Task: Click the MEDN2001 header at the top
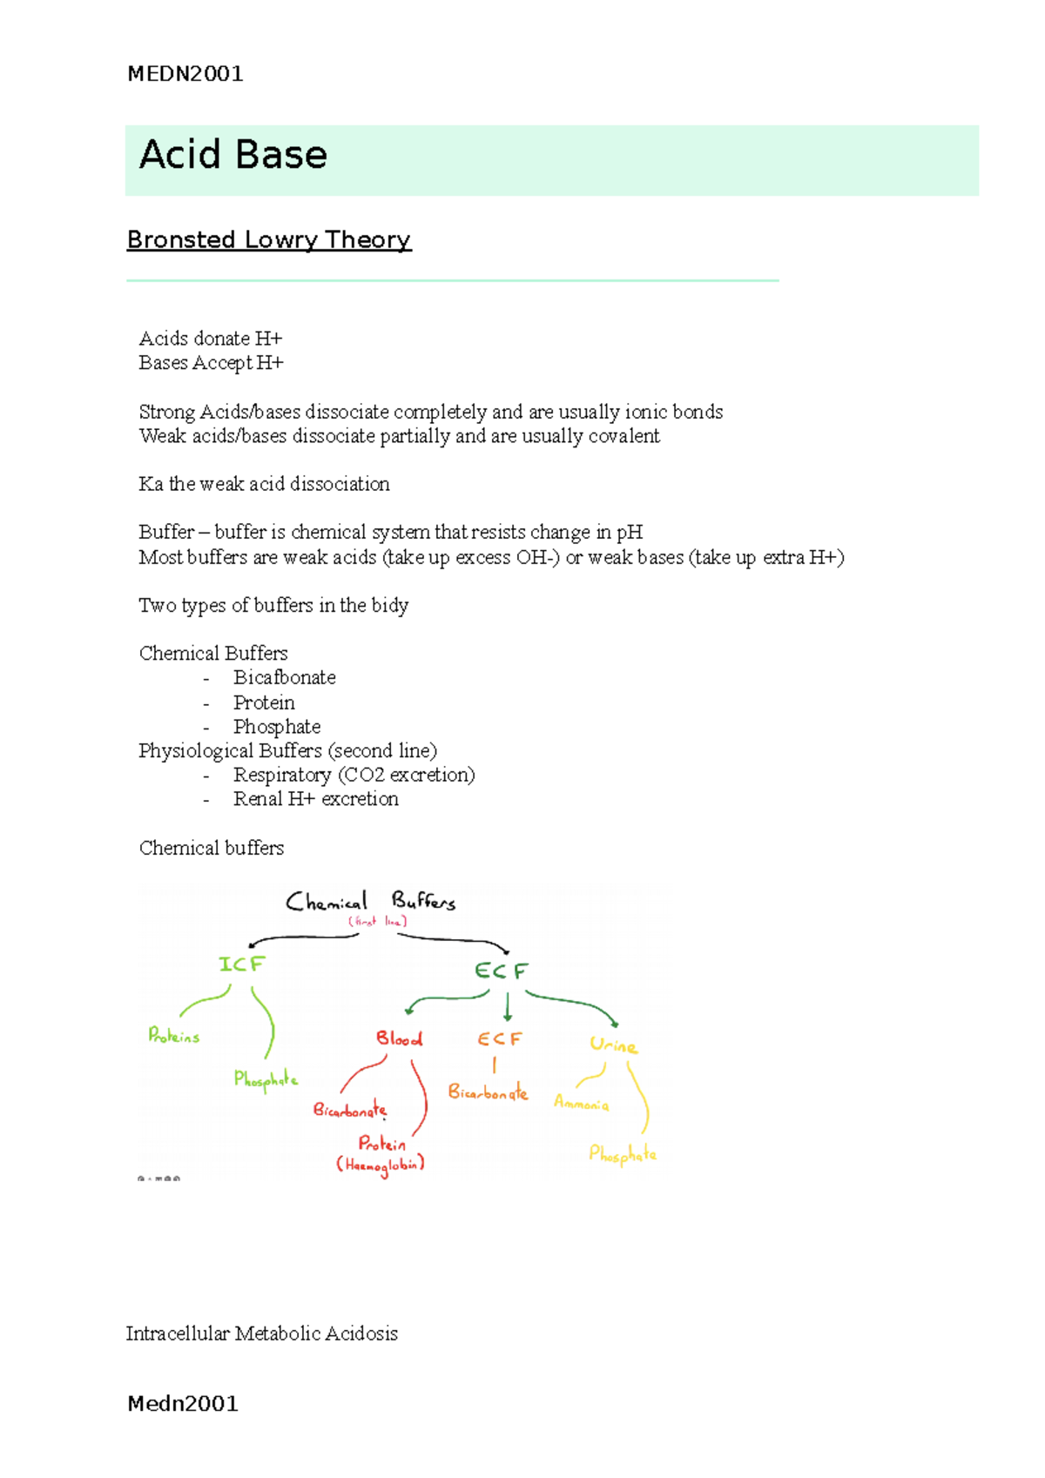pyautogui.click(x=185, y=74)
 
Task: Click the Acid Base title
pyautogui.click(x=233, y=155)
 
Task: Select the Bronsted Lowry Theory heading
pyautogui.click(x=268, y=240)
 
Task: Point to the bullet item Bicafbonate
pyautogui.click(x=284, y=678)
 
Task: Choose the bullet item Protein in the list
pyautogui.click(x=264, y=702)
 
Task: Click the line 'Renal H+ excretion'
pyautogui.click(x=315, y=799)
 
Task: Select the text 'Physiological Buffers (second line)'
pyautogui.click(x=287, y=750)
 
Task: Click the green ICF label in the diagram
pyautogui.click(x=241, y=964)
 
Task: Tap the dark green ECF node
pyautogui.click(x=501, y=971)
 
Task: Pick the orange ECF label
pyautogui.click(x=499, y=1039)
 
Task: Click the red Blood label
pyautogui.click(x=399, y=1038)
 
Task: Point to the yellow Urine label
pyautogui.click(x=613, y=1045)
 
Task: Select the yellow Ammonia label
pyautogui.click(x=581, y=1104)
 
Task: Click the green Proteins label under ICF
pyautogui.click(x=174, y=1036)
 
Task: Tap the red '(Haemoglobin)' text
pyautogui.click(x=381, y=1165)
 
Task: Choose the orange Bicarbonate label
pyautogui.click(x=488, y=1092)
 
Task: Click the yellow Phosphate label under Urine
pyautogui.click(x=622, y=1155)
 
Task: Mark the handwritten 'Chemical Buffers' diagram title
pyautogui.click(x=371, y=902)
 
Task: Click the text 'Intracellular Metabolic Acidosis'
pyautogui.click(x=261, y=1334)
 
